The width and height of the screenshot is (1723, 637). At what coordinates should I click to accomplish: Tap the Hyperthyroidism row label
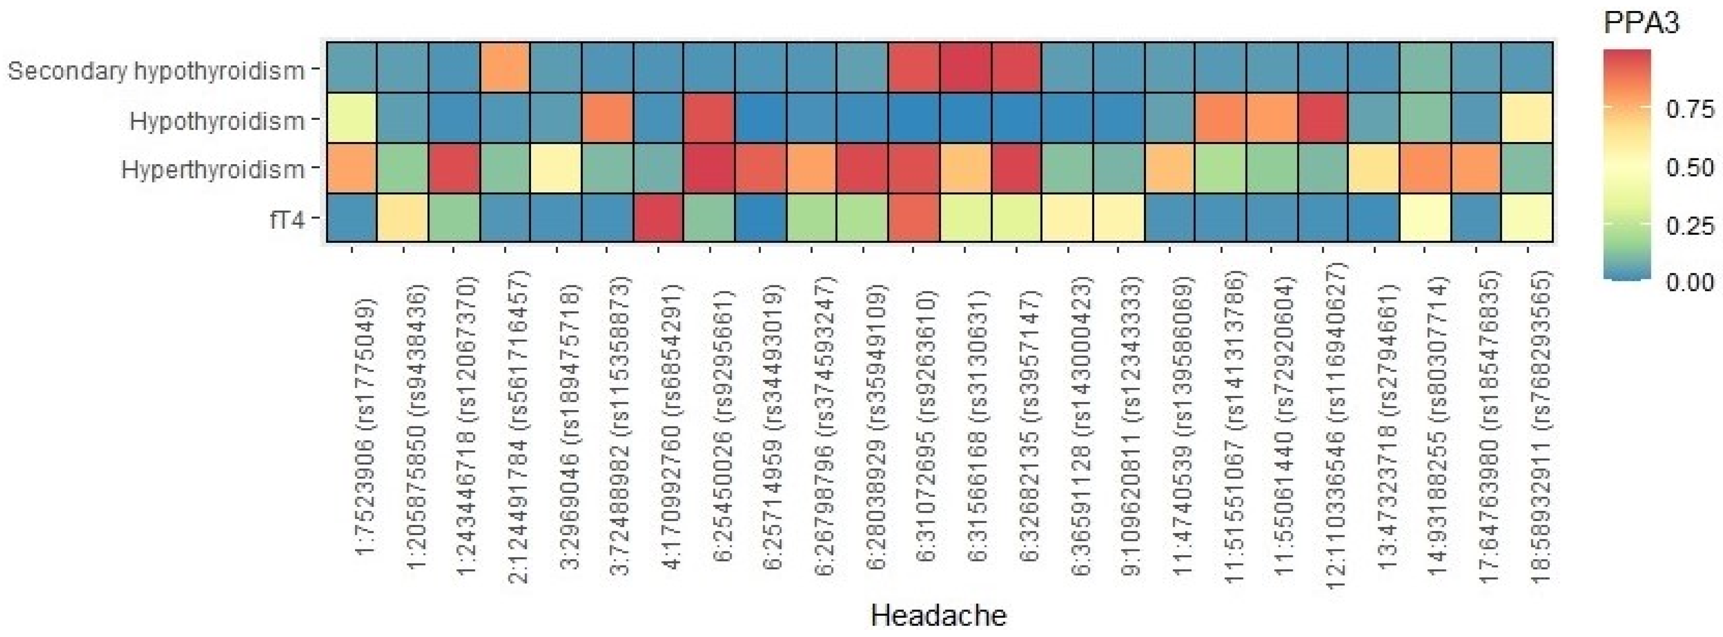[212, 170]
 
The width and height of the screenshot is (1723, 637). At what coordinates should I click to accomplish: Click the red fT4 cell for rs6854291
[659, 218]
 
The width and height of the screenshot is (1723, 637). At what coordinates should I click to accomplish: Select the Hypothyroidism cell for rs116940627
[1323, 118]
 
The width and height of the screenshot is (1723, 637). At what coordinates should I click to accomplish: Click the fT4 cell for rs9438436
[403, 218]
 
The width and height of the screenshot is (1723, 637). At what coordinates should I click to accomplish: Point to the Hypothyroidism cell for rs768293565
[1528, 118]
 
